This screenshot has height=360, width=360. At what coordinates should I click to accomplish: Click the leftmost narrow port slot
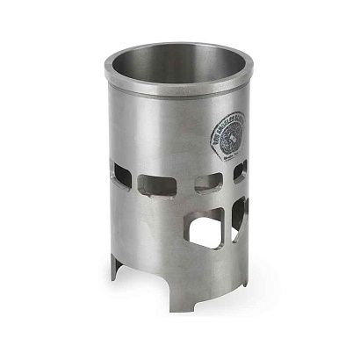[121, 176]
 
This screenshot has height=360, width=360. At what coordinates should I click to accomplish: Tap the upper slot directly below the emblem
[208, 182]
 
